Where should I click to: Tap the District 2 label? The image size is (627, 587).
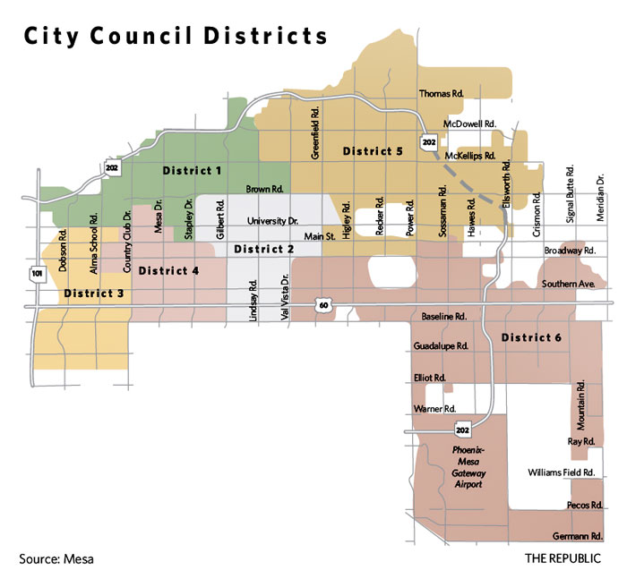[264, 249]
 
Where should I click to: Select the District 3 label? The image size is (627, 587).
[92, 293]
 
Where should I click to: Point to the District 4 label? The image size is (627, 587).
[169, 270]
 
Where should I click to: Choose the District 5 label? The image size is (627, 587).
[373, 151]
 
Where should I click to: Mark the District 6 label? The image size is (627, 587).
[532, 337]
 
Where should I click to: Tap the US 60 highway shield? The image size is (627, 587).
[322, 306]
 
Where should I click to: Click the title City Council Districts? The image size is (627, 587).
[176, 37]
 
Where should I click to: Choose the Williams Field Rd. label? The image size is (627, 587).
[562, 472]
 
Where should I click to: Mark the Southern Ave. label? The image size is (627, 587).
[568, 284]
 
